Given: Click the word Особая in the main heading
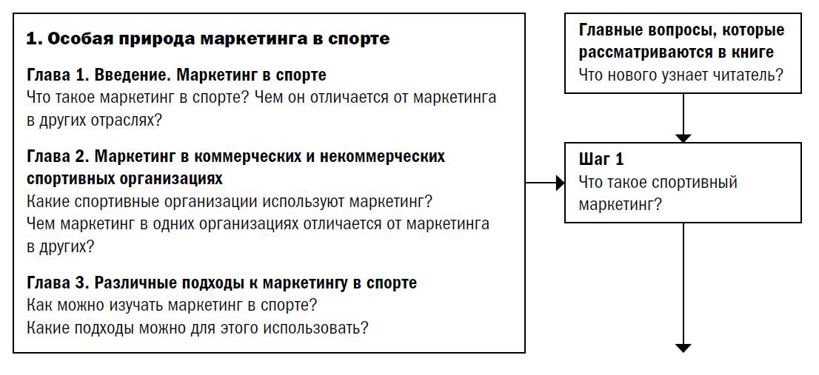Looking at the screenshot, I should (x=79, y=39).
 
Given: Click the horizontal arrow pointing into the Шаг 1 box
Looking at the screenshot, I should (x=546, y=183).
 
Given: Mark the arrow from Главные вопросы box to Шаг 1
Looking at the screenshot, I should (x=683, y=118).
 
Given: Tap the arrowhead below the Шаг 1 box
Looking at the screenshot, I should (x=683, y=347).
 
